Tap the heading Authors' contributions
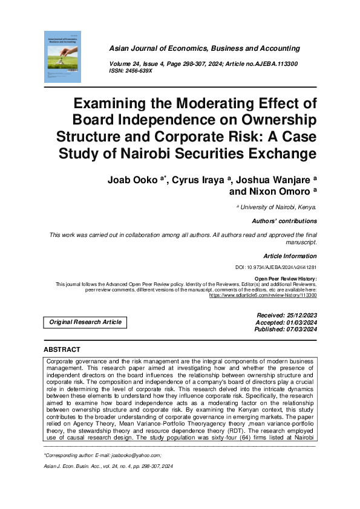tap(284, 221)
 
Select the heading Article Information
tap(290, 256)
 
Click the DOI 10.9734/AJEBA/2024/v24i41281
tap(275, 267)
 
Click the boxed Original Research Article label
tap(86, 322)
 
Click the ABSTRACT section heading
tap(62, 350)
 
